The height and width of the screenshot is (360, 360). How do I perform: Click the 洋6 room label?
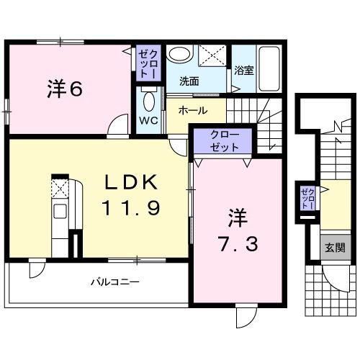coord(65,89)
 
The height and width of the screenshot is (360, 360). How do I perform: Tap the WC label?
coord(149,120)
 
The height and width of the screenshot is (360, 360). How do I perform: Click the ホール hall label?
coord(192,111)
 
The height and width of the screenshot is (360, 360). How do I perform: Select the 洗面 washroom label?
coord(189,81)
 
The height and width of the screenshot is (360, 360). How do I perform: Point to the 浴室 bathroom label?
coord(243,70)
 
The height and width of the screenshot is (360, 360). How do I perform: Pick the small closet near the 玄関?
coord(308,197)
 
